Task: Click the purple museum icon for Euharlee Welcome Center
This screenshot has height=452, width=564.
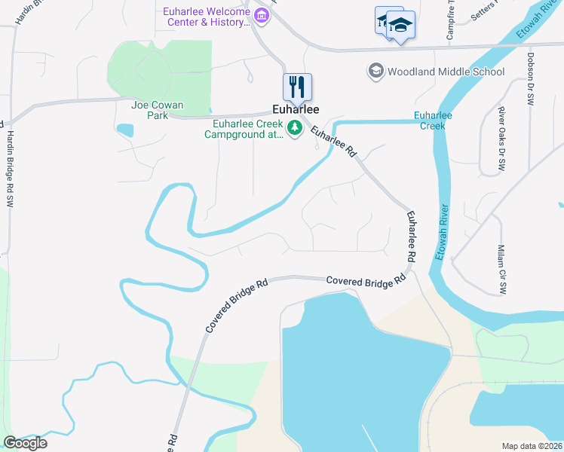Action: (x=262, y=15)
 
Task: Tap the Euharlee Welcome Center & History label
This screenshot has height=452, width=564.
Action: (x=207, y=16)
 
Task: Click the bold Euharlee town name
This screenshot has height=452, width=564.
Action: (x=296, y=108)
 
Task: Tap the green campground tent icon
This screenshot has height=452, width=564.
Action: (x=295, y=130)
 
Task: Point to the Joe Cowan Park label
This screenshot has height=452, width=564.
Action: (x=158, y=111)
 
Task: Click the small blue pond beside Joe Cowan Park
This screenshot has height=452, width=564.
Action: (x=125, y=130)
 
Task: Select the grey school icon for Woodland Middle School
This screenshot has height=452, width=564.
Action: (x=375, y=72)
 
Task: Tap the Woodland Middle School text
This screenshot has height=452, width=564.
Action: (x=446, y=72)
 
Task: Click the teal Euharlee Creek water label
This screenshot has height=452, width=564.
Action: (x=433, y=121)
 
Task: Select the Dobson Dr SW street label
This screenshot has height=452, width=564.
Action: (x=531, y=78)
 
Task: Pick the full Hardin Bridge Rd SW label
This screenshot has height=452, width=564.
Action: (x=11, y=169)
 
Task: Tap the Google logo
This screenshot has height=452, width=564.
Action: (x=25, y=443)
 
